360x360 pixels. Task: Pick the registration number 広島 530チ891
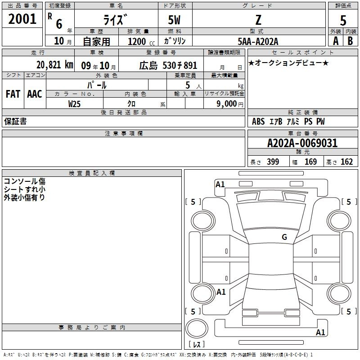[168, 65]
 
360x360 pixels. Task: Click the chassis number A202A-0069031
[302, 144]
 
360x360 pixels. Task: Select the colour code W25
[75, 104]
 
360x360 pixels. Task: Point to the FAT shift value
[13, 94]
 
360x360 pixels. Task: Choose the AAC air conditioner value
[35, 94]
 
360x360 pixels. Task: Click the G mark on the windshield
[284, 237]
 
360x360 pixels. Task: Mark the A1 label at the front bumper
[220, 184]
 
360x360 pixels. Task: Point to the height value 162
[346, 162]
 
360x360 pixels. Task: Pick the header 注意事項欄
[124, 134]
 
